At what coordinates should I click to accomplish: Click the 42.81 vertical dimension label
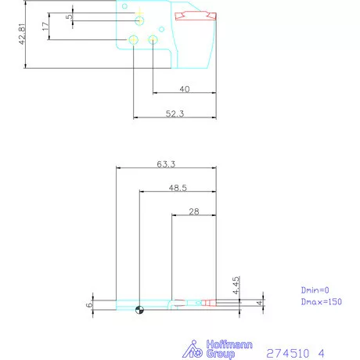(x=24, y=35)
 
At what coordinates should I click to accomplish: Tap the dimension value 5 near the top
(x=69, y=16)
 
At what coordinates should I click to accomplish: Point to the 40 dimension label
(x=185, y=89)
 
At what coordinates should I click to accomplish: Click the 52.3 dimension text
(x=175, y=114)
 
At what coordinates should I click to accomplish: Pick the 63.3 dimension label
(x=165, y=164)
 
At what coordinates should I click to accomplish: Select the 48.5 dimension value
(x=177, y=188)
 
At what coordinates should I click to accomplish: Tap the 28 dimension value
(x=194, y=212)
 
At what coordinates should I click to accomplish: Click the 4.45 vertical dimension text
(x=236, y=284)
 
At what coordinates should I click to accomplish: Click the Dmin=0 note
(x=316, y=289)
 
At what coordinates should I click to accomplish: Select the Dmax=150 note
(x=321, y=301)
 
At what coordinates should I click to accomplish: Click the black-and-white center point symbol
(x=139, y=309)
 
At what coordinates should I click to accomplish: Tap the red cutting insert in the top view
(x=195, y=16)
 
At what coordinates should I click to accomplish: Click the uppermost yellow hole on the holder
(x=139, y=19)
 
